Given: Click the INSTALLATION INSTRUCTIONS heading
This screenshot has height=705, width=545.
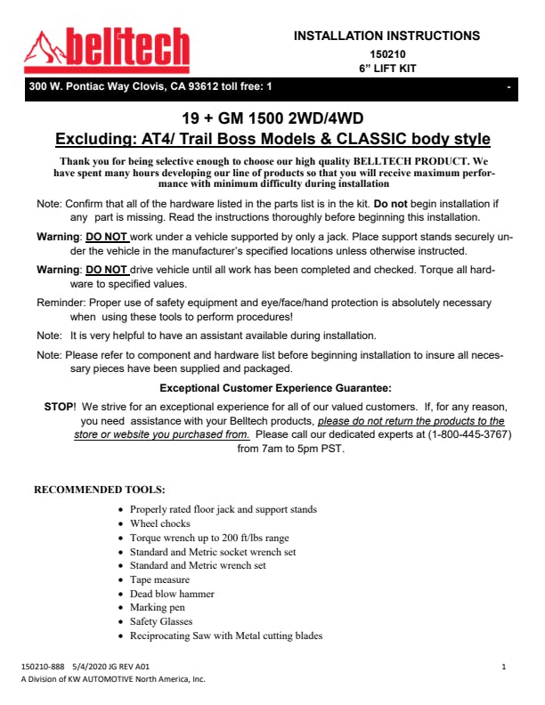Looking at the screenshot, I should pyautogui.click(x=386, y=36).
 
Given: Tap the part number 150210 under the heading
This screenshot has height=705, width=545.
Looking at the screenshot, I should pyautogui.click(x=386, y=53).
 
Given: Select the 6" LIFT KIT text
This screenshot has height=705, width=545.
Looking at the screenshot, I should pyautogui.click(x=386, y=68).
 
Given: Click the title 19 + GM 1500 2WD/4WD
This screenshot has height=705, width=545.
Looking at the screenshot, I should pyautogui.click(x=272, y=119).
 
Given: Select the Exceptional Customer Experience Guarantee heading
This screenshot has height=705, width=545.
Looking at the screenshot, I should pyautogui.click(x=275, y=387).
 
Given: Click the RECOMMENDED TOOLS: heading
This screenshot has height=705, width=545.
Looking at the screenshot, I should pyautogui.click(x=99, y=489).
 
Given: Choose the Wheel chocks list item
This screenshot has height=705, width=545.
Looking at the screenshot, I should pyautogui.click(x=160, y=523).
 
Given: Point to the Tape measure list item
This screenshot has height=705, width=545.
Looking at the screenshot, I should pyautogui.click(x=159, y=579).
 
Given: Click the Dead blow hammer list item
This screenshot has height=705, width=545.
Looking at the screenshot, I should pyautogui.click(x=172, y=593).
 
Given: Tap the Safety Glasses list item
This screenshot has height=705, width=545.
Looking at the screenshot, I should pyautogui.click(x=161, y=621).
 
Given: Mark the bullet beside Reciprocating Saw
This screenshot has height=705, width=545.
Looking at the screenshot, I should pyautogui.click(x=121, y=636).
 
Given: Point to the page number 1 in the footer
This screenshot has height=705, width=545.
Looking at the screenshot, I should pyautogui.click(x=504, y=666).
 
